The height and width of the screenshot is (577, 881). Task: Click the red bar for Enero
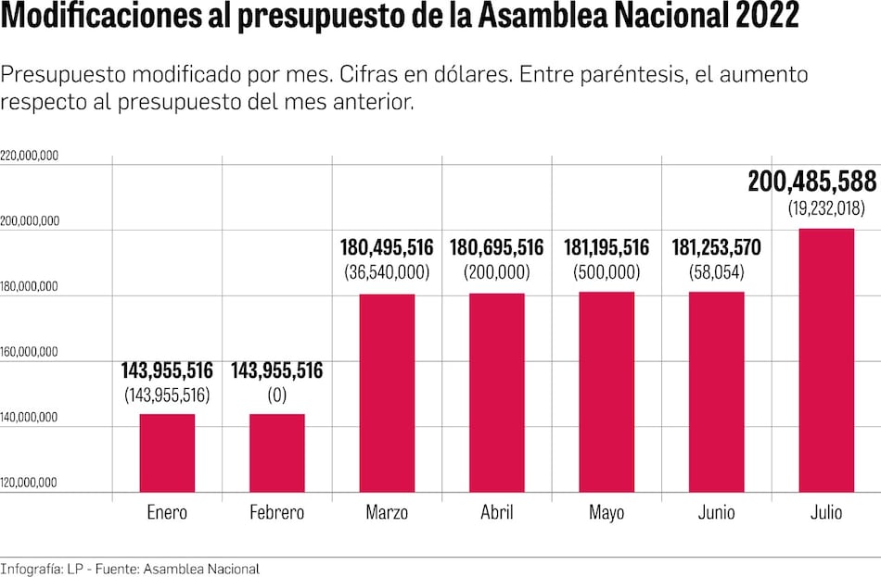tap(167, 452)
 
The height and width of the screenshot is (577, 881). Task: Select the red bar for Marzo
tap(387, 393)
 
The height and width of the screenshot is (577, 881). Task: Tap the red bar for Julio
tap(826, 359)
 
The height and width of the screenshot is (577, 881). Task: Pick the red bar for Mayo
tap(606, 392)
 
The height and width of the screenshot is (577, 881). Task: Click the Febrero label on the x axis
tap(276, 513)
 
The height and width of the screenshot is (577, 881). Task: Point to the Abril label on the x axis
tap(497, 513)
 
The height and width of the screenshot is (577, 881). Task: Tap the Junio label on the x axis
tap(716, 513)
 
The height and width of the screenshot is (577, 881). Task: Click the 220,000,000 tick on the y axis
tap(30, 157)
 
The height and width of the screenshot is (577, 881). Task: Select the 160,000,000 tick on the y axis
tap(30, 352)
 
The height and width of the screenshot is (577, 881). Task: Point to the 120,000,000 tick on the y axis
tap(30, 483)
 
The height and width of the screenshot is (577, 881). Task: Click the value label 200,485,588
tap(813, 182)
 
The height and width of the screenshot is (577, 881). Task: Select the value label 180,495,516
tap(387, 248)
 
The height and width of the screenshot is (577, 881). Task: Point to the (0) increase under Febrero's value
tap(276, 395)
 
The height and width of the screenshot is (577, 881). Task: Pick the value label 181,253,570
tap(716, 248)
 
